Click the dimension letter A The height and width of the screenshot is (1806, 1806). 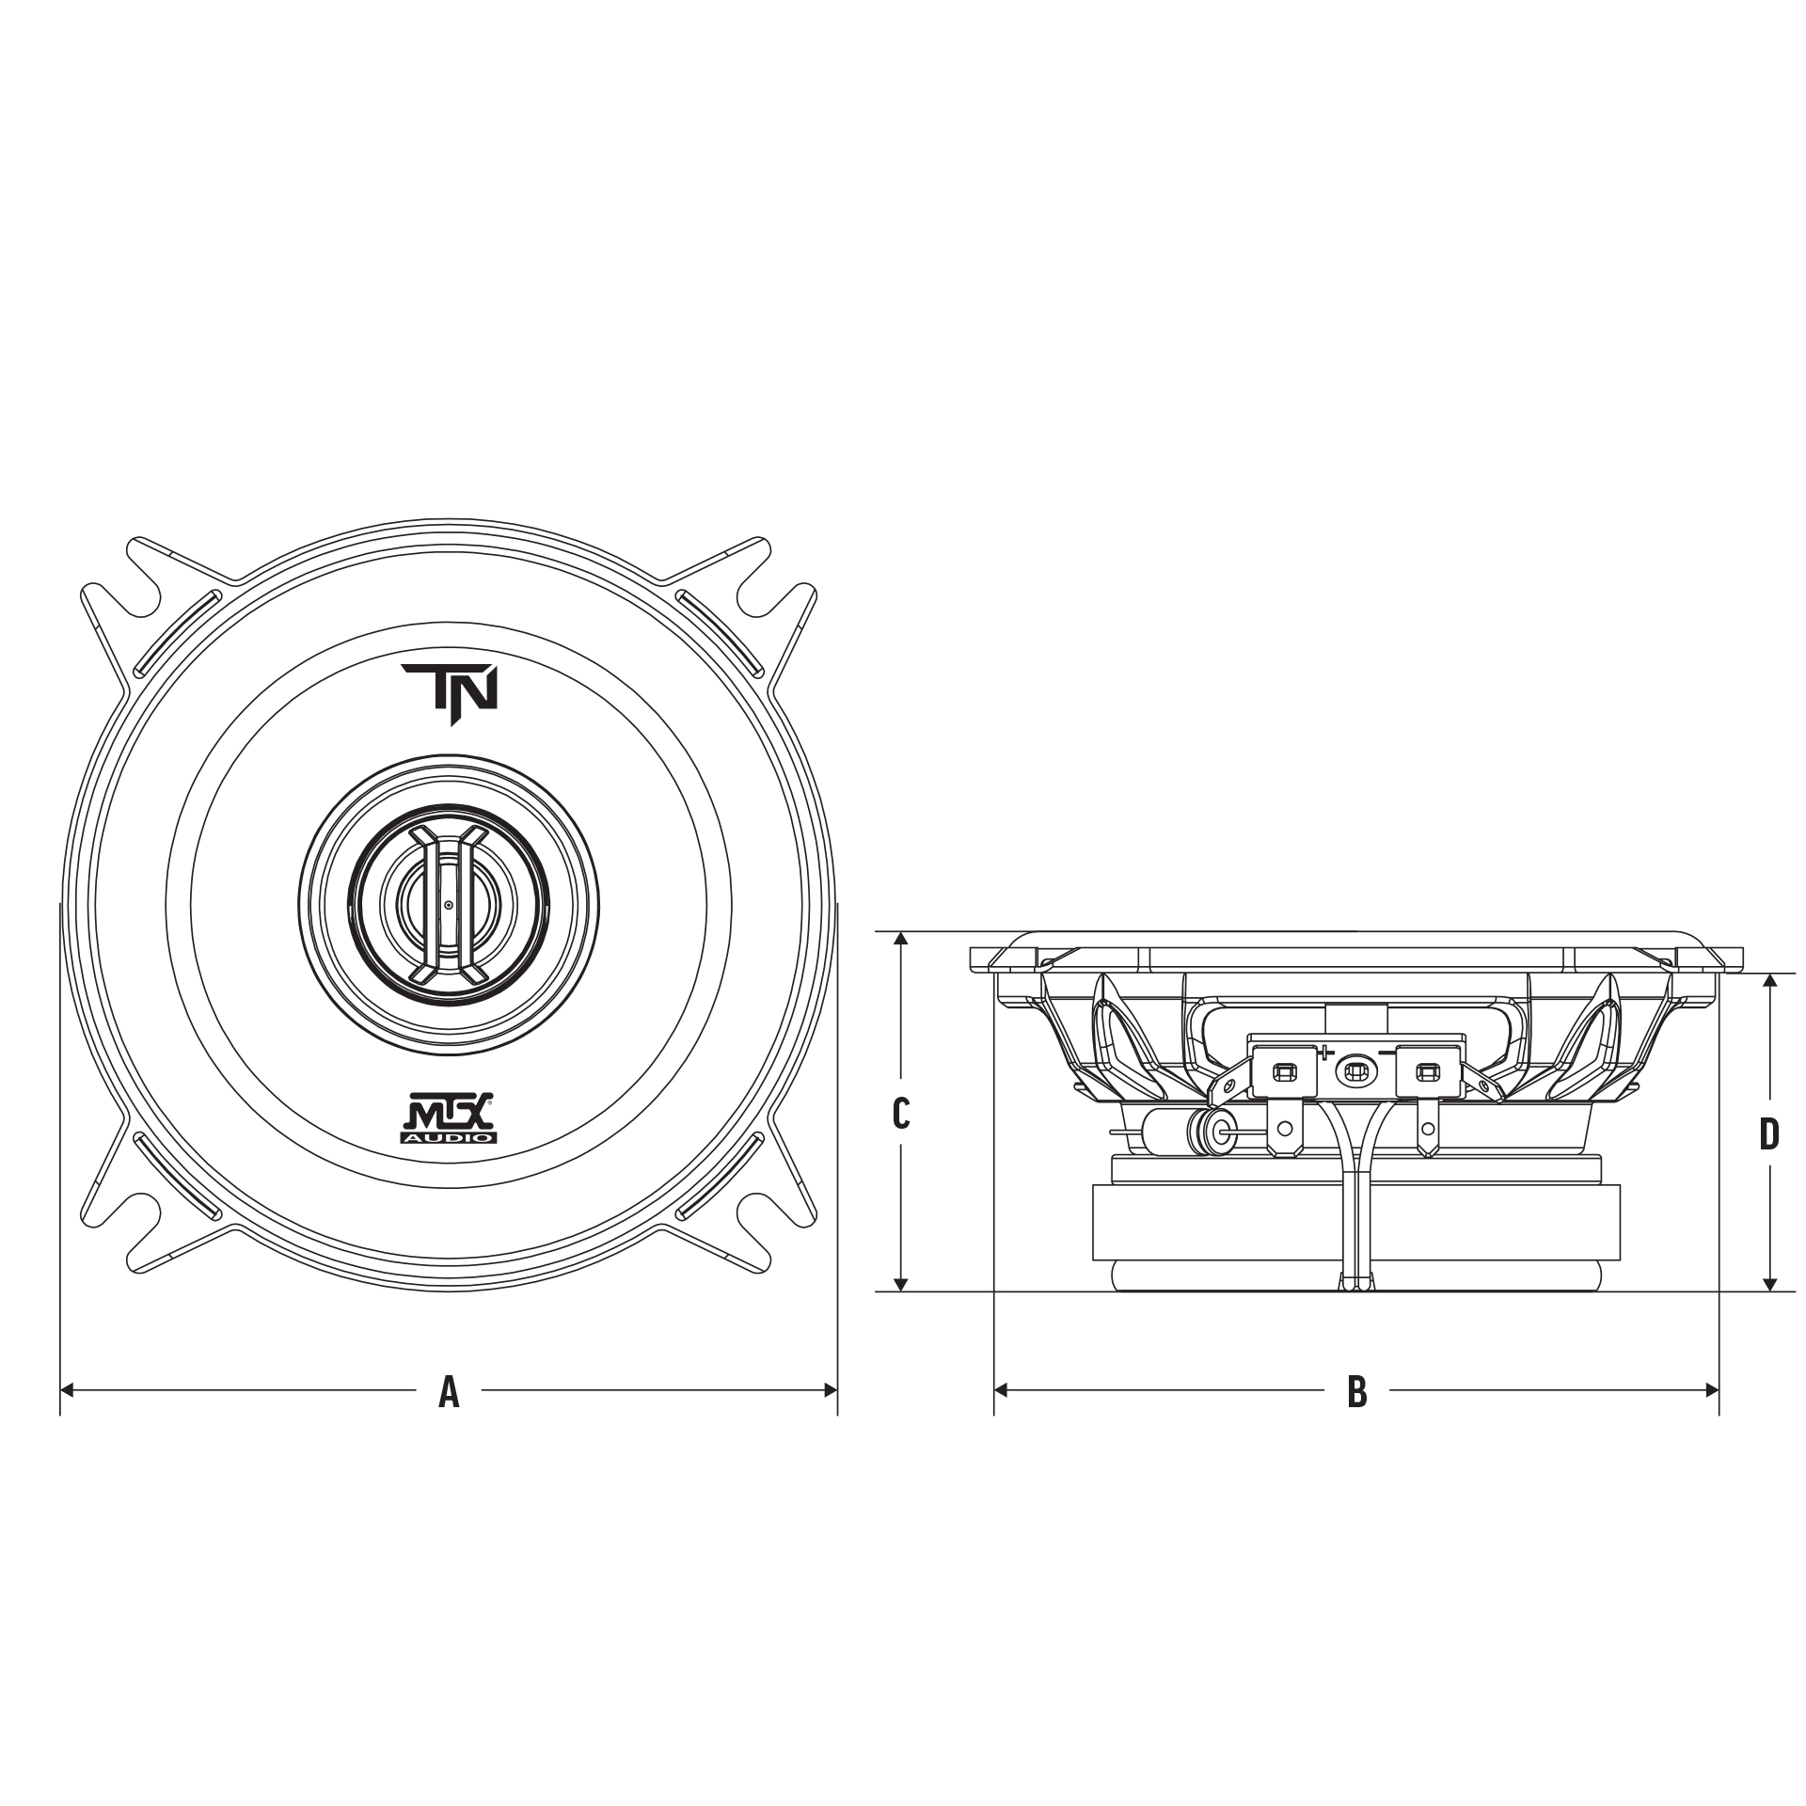coord(449,1391)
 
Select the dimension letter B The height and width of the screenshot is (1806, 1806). coord(1356,1391)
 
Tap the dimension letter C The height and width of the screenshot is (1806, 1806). coord(900,1114)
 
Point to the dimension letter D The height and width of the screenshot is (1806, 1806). coord(1769,1135)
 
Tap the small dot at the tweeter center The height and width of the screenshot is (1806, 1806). coord(449,905)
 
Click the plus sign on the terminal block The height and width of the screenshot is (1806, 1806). coord(1326,1052)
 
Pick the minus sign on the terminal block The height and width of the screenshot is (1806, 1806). coord(1386,1053)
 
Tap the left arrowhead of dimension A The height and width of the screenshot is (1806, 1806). coord(66,1389)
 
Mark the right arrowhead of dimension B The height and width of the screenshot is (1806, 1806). coord(1713,1389)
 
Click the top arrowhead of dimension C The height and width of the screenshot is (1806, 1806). coord(901,938)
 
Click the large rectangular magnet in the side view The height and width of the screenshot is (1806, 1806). coord(1355,1222)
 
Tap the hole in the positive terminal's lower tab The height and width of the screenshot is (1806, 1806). coord(1282,1128)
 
